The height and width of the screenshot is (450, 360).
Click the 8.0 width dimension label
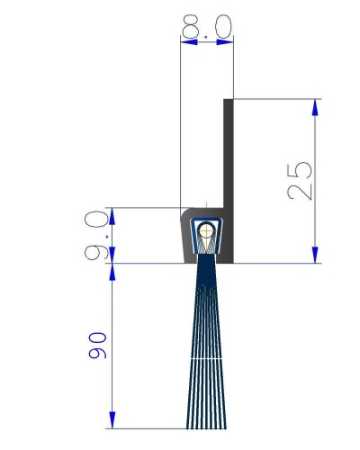click(207, 26)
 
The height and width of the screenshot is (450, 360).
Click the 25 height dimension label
click(300, 181)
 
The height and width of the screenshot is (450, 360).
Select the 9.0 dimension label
click(96, 235)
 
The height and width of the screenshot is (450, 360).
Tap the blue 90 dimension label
click(97, 345)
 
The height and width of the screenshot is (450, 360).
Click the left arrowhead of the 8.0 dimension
click(189, 42)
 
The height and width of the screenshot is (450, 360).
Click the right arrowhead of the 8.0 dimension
click(225, 42)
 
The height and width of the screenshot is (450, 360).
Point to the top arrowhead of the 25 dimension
click(315, 107)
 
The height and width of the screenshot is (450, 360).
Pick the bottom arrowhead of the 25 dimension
click(315, 255)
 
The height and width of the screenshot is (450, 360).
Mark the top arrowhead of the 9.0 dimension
click(112, 216)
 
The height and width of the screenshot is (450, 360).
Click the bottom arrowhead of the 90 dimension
click(112, 420)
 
